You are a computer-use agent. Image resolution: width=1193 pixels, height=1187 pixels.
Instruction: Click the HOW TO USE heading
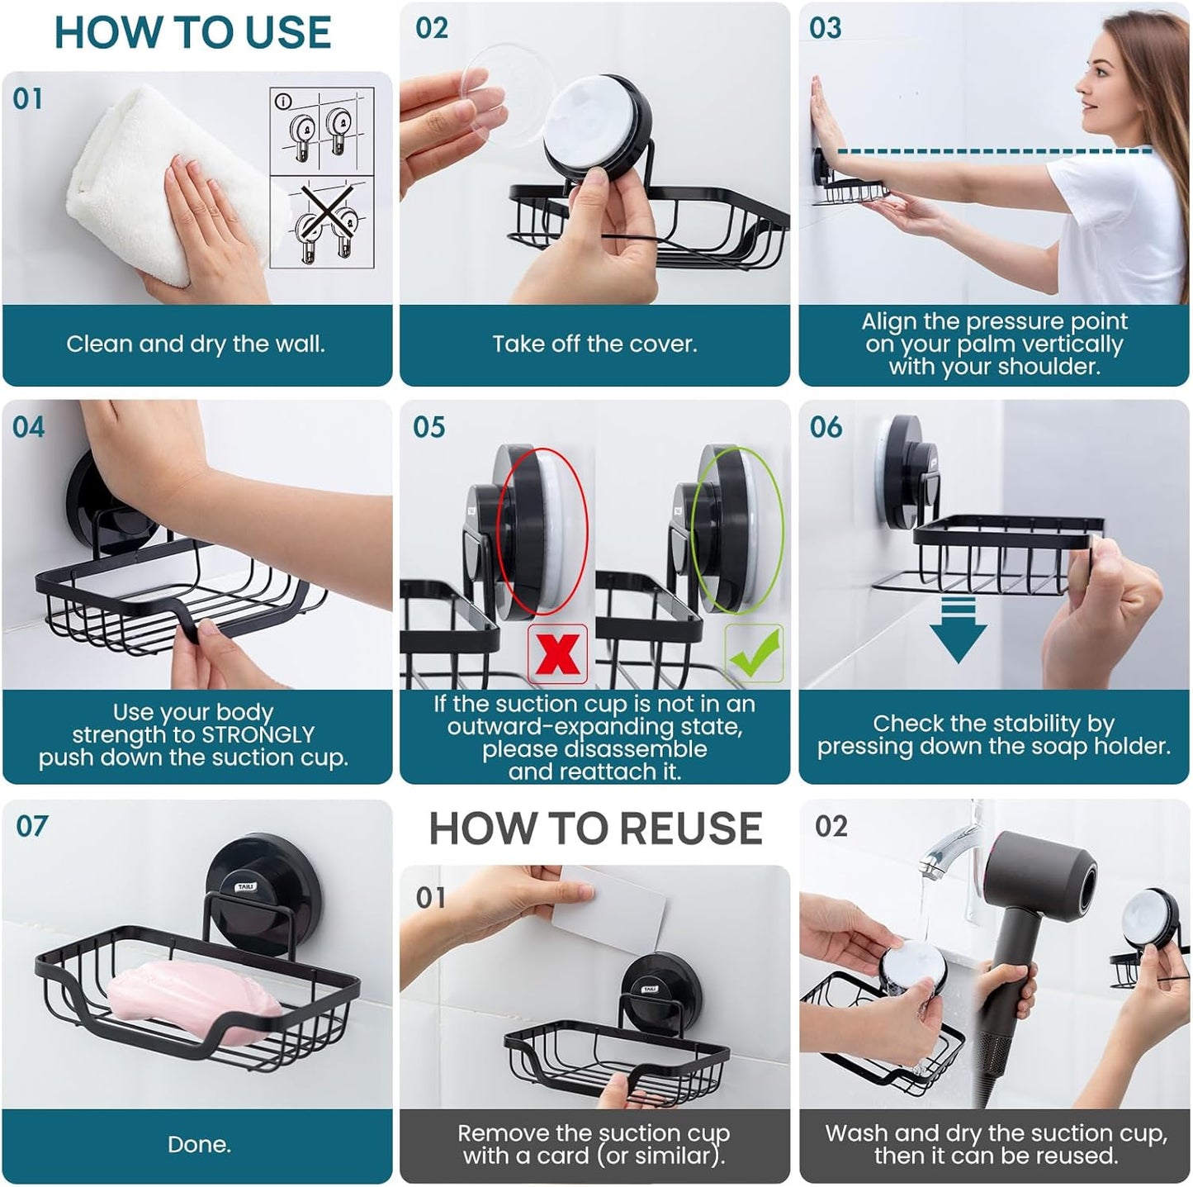coord(192,33)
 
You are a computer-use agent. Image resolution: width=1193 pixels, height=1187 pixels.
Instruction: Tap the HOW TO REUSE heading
coord(595,829)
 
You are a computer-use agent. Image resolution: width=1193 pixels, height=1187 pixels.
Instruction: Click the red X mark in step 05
coord(557,654)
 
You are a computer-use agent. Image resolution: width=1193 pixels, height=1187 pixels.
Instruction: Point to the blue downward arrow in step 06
coord(958,632)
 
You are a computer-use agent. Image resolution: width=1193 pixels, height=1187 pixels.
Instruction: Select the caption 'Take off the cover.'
coord(594,344)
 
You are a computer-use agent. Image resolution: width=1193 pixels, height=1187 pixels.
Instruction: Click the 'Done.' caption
coord(199,1145)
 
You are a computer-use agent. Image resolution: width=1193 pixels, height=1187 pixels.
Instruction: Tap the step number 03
coord(826,28)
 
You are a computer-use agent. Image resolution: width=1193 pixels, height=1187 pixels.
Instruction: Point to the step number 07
coord(31,827)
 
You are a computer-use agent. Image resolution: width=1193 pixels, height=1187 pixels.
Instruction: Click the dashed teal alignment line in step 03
coord(991,151)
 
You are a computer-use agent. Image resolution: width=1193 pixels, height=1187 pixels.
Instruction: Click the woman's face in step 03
coord(1110,78)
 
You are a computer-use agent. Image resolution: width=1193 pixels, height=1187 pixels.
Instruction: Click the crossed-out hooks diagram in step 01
coord(322,221)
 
